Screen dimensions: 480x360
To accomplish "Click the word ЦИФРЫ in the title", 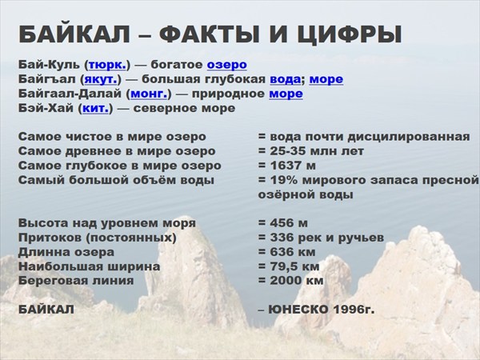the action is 349,34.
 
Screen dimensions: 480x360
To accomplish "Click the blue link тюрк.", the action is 107,65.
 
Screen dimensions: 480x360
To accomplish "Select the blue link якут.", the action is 101,79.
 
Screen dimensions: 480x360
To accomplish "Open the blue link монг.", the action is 149,94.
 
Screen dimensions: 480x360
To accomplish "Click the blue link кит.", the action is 95,108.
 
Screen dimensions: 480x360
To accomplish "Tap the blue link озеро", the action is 227,65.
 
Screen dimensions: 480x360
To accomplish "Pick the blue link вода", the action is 286,79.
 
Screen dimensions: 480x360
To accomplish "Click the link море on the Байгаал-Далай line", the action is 286,94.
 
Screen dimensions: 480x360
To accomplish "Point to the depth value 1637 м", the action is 293,166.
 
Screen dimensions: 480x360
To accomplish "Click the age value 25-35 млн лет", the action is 317,151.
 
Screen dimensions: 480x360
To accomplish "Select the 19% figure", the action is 284,180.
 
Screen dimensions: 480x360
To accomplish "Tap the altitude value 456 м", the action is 289,223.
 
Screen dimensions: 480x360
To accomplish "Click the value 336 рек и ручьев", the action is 327,238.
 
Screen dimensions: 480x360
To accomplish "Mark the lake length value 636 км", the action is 293,252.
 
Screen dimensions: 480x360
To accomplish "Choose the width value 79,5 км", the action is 294,266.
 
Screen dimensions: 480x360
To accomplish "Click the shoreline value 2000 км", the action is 297,281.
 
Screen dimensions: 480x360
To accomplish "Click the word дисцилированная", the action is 408,137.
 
